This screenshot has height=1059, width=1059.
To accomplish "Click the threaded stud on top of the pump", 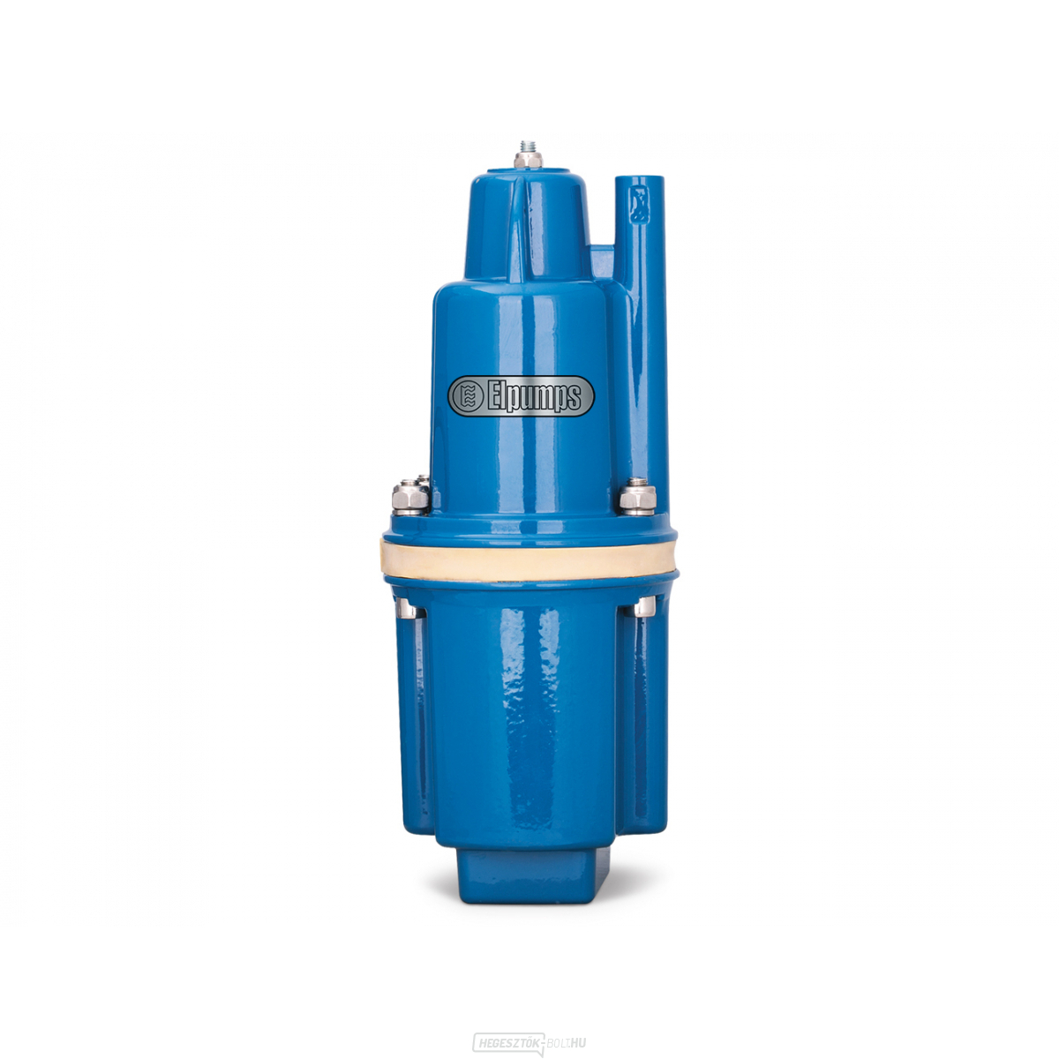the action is tap(528, 147).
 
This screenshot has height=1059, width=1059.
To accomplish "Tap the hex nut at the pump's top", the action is tap(528, 161).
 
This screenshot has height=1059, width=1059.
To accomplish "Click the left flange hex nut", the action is tap(409, 498).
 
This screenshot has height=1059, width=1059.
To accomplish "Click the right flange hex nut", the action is tap(637, 497).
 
